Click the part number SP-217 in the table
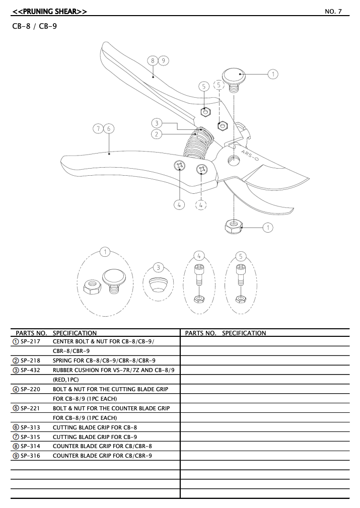click(30, 341)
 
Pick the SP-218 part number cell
click(30, 360)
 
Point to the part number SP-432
click(30, 370)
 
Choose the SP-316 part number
click(30, 456)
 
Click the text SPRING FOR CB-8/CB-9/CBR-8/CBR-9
click(104, 360)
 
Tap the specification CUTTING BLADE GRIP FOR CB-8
click(95, 427)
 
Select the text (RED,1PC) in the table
click(66, 380)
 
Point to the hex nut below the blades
click(234, 226)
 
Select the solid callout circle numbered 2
click(157, 134)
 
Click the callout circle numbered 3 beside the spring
click(157, 123)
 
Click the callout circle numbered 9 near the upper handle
click(164, 60)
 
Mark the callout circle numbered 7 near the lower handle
click(99, 129)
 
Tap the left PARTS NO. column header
click(31, 333)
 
